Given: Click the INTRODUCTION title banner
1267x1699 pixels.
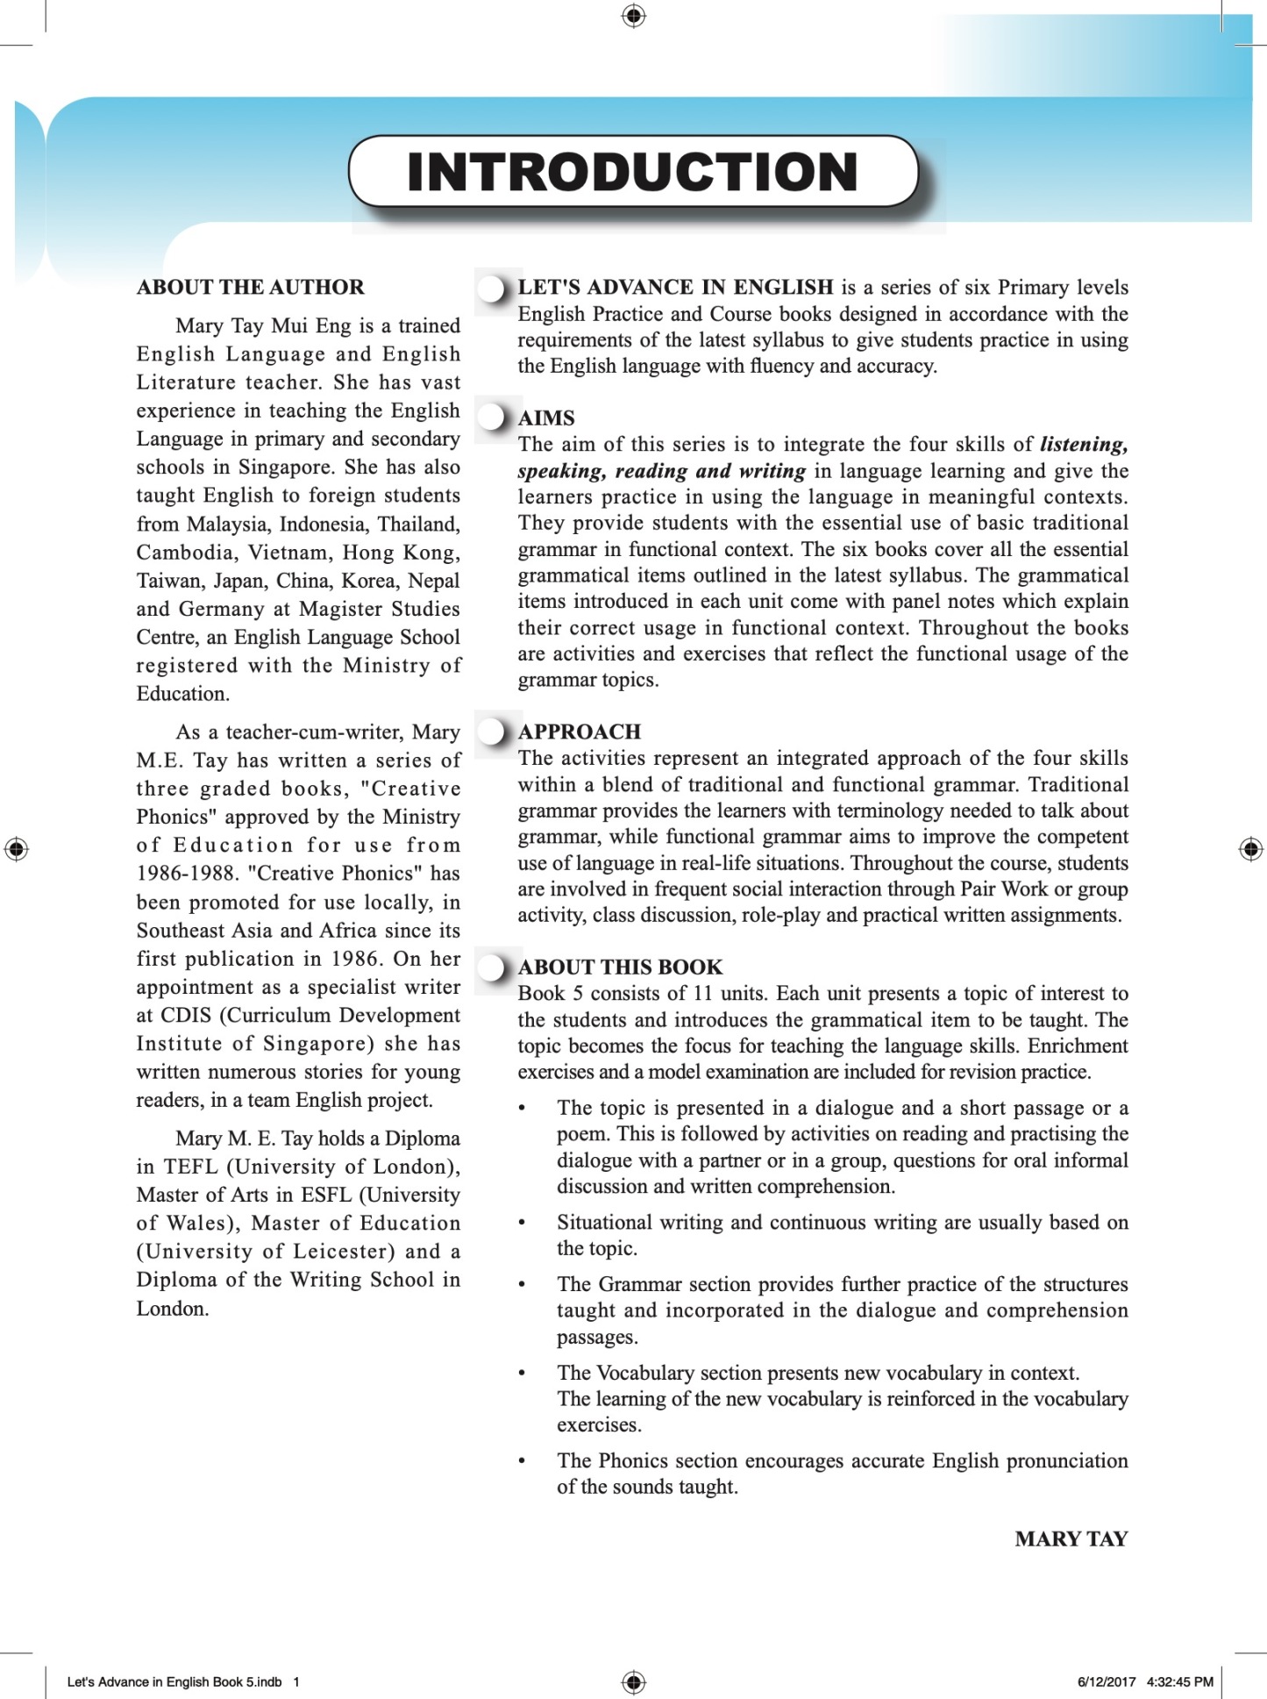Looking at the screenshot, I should (633, 172).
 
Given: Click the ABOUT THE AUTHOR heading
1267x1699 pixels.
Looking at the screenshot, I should (250, 288).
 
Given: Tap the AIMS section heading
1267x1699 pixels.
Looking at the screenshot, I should (546, 418).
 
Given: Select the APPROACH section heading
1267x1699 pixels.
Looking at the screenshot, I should (580, 732).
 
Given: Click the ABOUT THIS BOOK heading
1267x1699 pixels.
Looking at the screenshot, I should (620, 967).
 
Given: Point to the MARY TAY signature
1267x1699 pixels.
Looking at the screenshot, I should (1071, 1538).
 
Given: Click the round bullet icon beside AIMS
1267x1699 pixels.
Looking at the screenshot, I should (494, 417).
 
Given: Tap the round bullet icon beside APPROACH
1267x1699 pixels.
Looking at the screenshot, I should (494, 731).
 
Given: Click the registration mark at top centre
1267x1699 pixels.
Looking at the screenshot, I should (633, 16).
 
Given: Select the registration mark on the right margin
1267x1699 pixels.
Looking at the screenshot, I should (1250, 849).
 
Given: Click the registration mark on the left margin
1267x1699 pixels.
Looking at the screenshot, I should (16, 849).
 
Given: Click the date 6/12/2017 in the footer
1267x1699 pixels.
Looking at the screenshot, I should (1106, 1681).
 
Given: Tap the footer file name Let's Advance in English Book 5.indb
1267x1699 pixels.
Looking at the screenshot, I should (174, 1681).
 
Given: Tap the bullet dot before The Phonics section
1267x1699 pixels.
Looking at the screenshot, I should (522, 1461).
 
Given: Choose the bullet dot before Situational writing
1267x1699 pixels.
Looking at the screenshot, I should (522, 1223).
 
